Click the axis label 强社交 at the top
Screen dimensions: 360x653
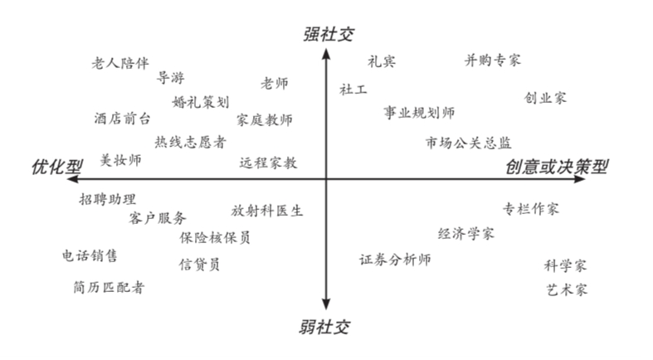coord(326,33)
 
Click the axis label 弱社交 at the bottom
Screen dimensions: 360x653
coord(324,328)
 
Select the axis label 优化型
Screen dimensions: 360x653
coord(56,166)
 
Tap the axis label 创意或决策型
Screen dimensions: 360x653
coord(557,167)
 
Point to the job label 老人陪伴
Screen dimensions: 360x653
coord(120,62)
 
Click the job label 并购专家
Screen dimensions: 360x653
coord(493,61)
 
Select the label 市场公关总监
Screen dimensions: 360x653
coord(469,142)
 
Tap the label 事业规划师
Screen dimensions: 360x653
coord(419,112)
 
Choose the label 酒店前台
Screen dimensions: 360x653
coord(122,119)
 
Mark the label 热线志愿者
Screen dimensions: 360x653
coord(190,142)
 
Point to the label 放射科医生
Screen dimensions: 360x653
coord(267,210)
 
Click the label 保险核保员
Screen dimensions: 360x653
coord(215,237)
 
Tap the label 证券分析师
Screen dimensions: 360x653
coord(395,260)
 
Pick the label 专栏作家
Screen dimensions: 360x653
coord(531,207)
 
